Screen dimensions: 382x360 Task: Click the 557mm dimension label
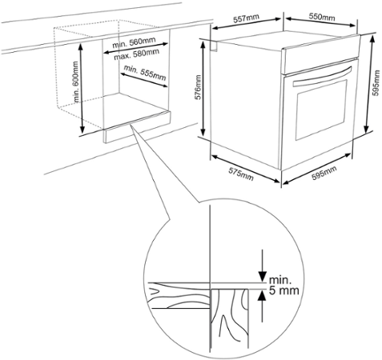tap(246, 18)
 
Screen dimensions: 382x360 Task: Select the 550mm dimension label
tap(322, 17)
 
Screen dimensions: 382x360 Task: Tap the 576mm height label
tap(199, 87)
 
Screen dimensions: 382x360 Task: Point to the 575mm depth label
tap(240, 174)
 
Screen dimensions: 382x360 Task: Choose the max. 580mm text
tap(136, 54)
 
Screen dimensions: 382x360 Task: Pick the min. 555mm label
tap(144, 72)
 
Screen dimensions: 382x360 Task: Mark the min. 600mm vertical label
tap(75, 82)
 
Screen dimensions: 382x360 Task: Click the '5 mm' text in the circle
tap(283, 290)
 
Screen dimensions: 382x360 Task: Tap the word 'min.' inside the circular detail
tap(280, 280)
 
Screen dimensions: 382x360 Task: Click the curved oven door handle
tap(322, 76)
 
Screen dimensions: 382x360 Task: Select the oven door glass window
tap(321, 110)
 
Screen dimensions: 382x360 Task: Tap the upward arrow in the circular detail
tap(263, 306)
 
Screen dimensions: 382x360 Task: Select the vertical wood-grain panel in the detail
tap(230, 319)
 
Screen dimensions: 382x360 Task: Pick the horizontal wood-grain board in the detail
tap(179, 295)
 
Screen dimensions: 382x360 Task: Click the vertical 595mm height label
tap(376, 83)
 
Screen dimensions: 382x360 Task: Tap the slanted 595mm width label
tap(324, 173)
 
